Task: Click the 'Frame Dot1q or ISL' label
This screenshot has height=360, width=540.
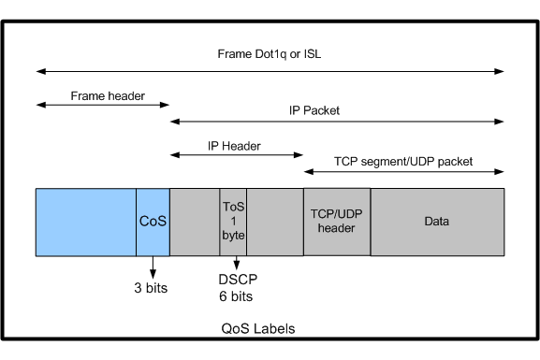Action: click(x=270, y=54)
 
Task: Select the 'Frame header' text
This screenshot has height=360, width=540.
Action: click(x=108, y=95)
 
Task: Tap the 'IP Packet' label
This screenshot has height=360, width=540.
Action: click(x=314, y=110)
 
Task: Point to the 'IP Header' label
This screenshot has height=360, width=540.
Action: click(x=234, y=146)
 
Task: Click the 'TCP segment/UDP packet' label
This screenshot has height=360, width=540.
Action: click(x=403, y=162)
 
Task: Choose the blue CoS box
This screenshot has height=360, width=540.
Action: click(x=153, y=222)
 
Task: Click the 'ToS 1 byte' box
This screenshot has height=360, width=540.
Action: click(x=233, y=222)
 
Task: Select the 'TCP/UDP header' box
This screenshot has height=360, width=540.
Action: click(x=337, y=222)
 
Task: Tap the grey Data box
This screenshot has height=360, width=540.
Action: click(x=437, y=222)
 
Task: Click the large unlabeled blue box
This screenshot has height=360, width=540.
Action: click(x=86, y=222)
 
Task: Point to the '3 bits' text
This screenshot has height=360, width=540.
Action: click(x=151, y=288)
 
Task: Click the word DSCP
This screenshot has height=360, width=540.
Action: click(x=238, y=280)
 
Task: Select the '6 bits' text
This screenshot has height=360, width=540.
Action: click(x=236, y=296)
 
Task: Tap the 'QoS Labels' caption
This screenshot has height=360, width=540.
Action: click(x=258, y=329)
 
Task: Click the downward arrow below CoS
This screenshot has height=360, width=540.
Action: click(x=153, y=267)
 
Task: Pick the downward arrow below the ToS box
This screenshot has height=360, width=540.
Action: click(x=236, y=263)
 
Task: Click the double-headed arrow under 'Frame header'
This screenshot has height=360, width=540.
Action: click(x=103, y=105)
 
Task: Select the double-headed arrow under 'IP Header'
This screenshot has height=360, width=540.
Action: click(x=237, y=155)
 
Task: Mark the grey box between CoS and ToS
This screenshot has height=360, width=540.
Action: click(x=195, y=222)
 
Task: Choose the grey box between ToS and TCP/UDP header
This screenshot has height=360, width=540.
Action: click(x=275, y=222)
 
